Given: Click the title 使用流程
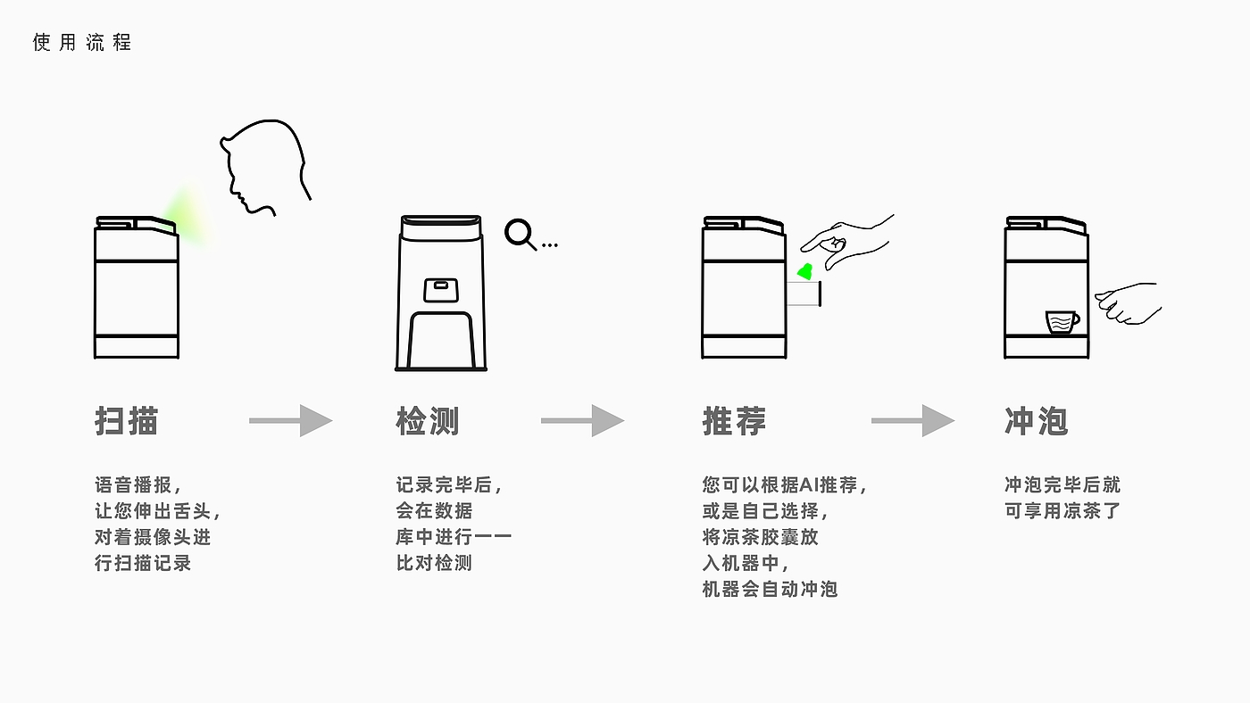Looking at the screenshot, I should coord(82,43).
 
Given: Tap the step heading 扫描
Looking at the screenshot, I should coord(127,420).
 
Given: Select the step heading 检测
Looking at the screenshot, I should coord(428,420).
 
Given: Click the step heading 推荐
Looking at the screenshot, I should coord(734,420).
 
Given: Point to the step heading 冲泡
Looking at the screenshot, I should coord(1036,420).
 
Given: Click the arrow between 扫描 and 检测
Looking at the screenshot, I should coord(290,420).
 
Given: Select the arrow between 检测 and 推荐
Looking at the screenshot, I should coord(582,420).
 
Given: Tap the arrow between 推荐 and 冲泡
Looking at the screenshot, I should coord(912,420).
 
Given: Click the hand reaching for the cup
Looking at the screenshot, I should coord(1128,303).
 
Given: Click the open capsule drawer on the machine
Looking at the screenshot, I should coord(804,294).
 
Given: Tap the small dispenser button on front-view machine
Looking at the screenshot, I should coord(440,286).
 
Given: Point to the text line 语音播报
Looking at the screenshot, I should coord(138,485).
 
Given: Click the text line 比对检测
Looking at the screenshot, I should coord(434,563).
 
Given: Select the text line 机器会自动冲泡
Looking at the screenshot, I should coord(770,589).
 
